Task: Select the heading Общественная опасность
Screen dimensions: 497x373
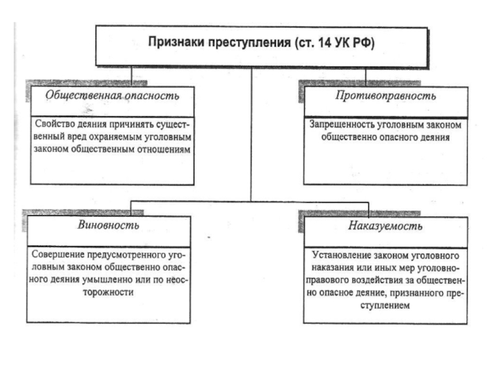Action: pos(112,96)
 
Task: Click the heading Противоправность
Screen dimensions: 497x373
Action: pos(386,96)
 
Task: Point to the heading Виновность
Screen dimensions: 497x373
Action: pos(108,225)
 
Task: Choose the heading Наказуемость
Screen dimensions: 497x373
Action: pos(385,226)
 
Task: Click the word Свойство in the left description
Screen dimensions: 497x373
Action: pos(55,124)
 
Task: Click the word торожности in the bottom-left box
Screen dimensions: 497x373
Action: pos(108,292)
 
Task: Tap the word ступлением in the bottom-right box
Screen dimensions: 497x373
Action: pos(385,305)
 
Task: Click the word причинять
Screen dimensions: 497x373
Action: pos(129,124)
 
